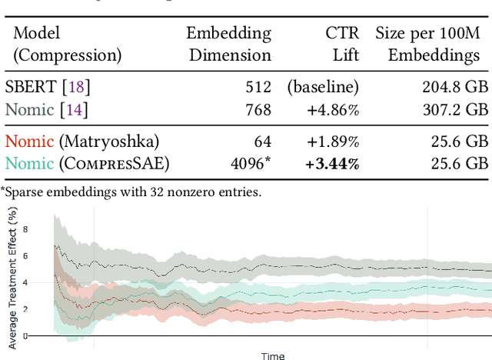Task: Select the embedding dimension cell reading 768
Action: pos(258,110)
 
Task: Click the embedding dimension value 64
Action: pos(263,141)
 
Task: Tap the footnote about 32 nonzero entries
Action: pos(131,192)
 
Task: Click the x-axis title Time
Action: pos(273,355)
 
